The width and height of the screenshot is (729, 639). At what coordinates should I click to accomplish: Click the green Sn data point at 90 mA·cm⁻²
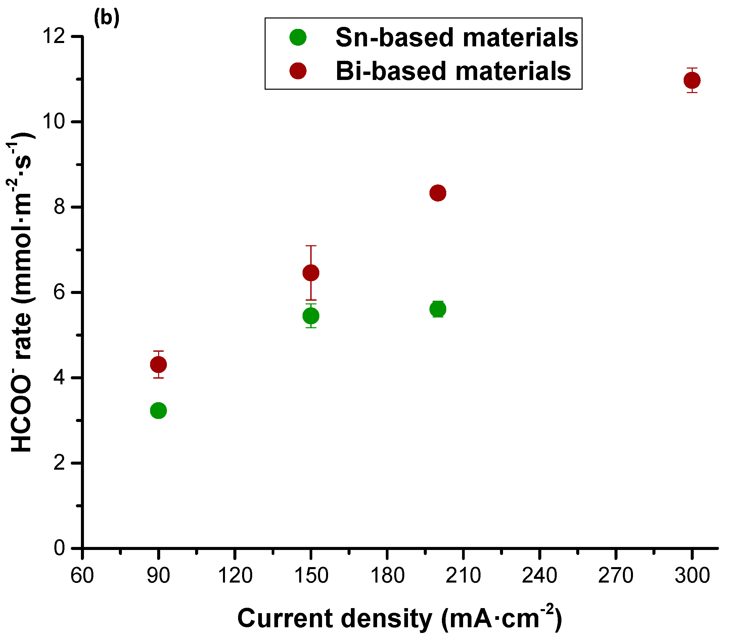pyautogui.click(x=158, y=411)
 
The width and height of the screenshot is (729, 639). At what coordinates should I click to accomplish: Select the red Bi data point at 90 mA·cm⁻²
pyautogui.click(x=158, y=365)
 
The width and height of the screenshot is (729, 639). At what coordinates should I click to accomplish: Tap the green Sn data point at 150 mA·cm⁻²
pyautogui.click(x=311, y=315)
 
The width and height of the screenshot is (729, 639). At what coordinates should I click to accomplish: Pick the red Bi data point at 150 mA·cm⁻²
pyautogui.click(x=311, y=273)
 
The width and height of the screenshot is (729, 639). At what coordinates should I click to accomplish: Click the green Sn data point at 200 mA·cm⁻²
pyautogui.click(x=438, y=309)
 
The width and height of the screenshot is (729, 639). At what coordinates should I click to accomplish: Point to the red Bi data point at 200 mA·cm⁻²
pyautogui.click(x=438, y=193)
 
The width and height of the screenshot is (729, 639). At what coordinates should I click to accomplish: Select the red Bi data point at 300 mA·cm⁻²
pyautogui.click(x=692, y=80)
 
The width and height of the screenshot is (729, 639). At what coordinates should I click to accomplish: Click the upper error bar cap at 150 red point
pyautogui.click(x=311, y=246)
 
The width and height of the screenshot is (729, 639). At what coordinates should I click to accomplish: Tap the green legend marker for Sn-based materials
pyautogui.click(x=298, y=37)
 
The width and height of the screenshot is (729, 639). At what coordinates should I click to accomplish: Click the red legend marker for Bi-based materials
pyautogui.click(x=298, y=71)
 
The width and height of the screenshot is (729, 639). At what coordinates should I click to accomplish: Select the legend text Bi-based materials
pyautogui.click(x=453, y=71)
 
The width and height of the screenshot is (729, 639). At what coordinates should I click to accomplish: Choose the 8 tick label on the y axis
pyautogui.click(x=59, y=207)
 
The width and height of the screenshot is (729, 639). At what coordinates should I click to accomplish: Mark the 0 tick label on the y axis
pyautogui.click(x=59, y=548)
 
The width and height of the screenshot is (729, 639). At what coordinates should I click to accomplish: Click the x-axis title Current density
pyautogui.click(x=399, y=618)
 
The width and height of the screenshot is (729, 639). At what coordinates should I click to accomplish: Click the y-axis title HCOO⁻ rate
pyautogui.click(x=21, y=292)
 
